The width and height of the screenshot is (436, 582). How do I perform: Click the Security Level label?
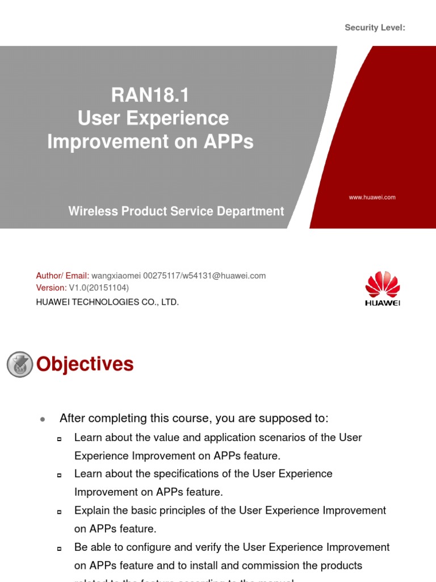coord(375,28)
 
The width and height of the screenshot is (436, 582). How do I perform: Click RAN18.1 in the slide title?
coord(150,95)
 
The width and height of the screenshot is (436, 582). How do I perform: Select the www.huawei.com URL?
coord(372,197)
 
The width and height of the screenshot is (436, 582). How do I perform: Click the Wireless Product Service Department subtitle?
coord(176,211)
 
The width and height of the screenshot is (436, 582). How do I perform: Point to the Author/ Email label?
coord(62,276)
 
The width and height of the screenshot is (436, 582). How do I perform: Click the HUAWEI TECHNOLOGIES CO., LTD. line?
coord(107,302)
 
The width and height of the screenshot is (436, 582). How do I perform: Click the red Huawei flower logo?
coord(383,284)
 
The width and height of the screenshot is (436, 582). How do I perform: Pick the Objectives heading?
coord(85,364)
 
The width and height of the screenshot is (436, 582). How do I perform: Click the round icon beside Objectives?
coord(20,364)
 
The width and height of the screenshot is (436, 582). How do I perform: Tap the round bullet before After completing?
coord(43,419)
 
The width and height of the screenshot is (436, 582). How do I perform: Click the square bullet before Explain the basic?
coord(59,512)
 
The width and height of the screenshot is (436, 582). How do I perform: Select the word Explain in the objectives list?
coord(91,510)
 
